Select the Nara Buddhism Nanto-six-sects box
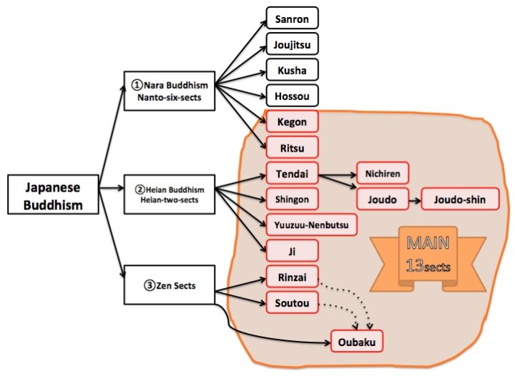tap(170, 91)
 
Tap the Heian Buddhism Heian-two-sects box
tap(169, 194)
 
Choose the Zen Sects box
tap(170, 286)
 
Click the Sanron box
tap(291, 18)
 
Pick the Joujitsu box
tap(291, 44)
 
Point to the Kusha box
tap(291, 69)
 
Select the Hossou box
tap(291, 95)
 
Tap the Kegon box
tap(291, 122)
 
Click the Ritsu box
tap(291, 147)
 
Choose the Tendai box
tap(291, 174)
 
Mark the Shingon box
tap(291, 199)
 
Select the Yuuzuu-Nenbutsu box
tap(311, 225)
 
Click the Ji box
tap(291, 251)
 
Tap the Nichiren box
tap(383, 174)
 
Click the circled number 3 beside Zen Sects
tap(149, 286)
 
